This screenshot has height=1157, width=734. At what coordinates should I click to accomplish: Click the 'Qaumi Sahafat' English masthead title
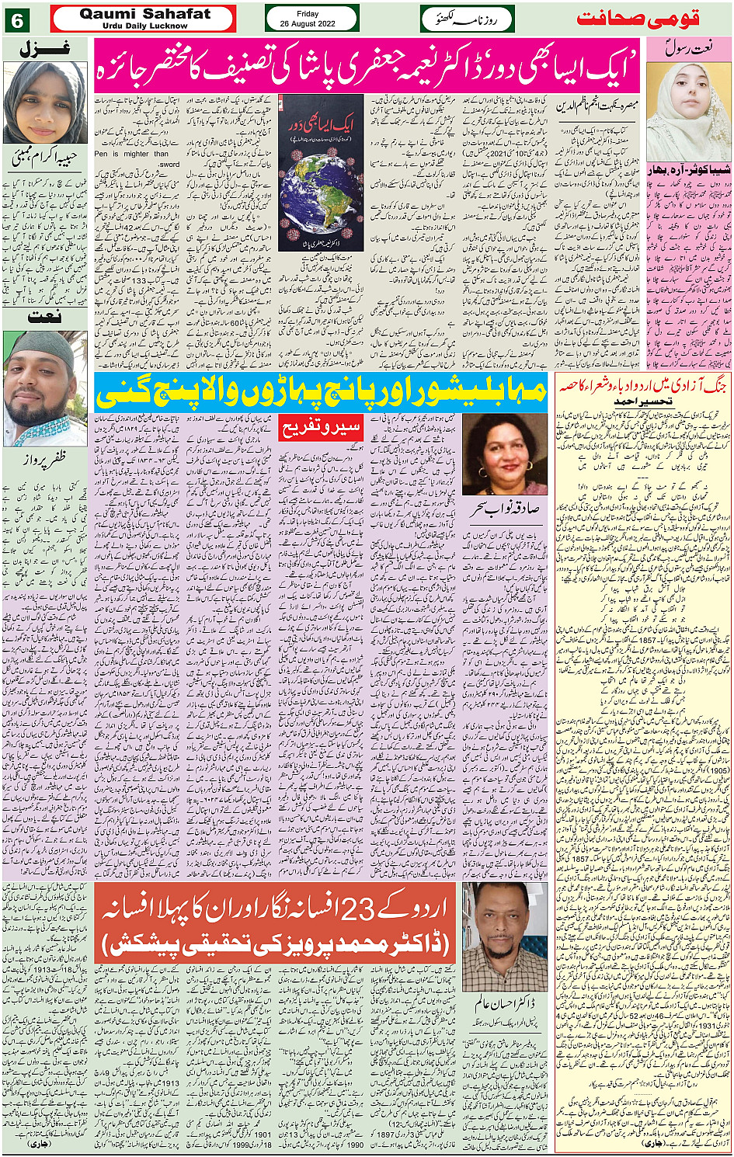coord(144,13)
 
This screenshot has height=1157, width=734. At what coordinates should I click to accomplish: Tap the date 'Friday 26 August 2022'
coord(308,19)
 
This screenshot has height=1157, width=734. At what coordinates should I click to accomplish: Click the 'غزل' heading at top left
coord(45,48)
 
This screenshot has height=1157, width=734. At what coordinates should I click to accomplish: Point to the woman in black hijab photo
coord(45,102)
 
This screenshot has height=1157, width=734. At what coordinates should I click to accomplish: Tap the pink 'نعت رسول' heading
coord(688,48)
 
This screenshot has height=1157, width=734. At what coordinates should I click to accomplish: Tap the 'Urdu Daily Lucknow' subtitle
coord(144,26)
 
